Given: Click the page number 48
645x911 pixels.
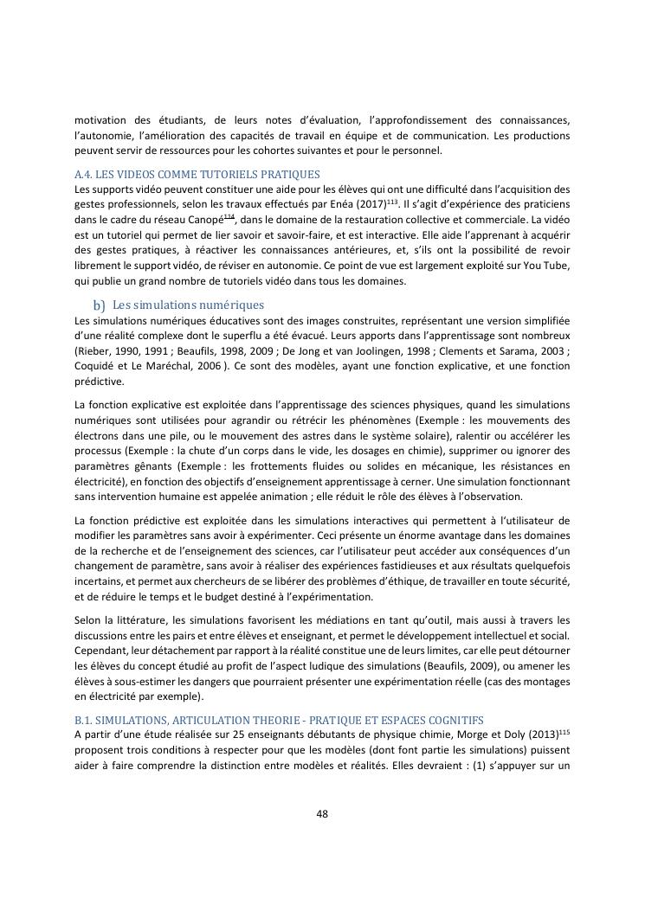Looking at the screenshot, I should point(322,813).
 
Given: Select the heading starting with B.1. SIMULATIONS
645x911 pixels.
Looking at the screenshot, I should point(279,720).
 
